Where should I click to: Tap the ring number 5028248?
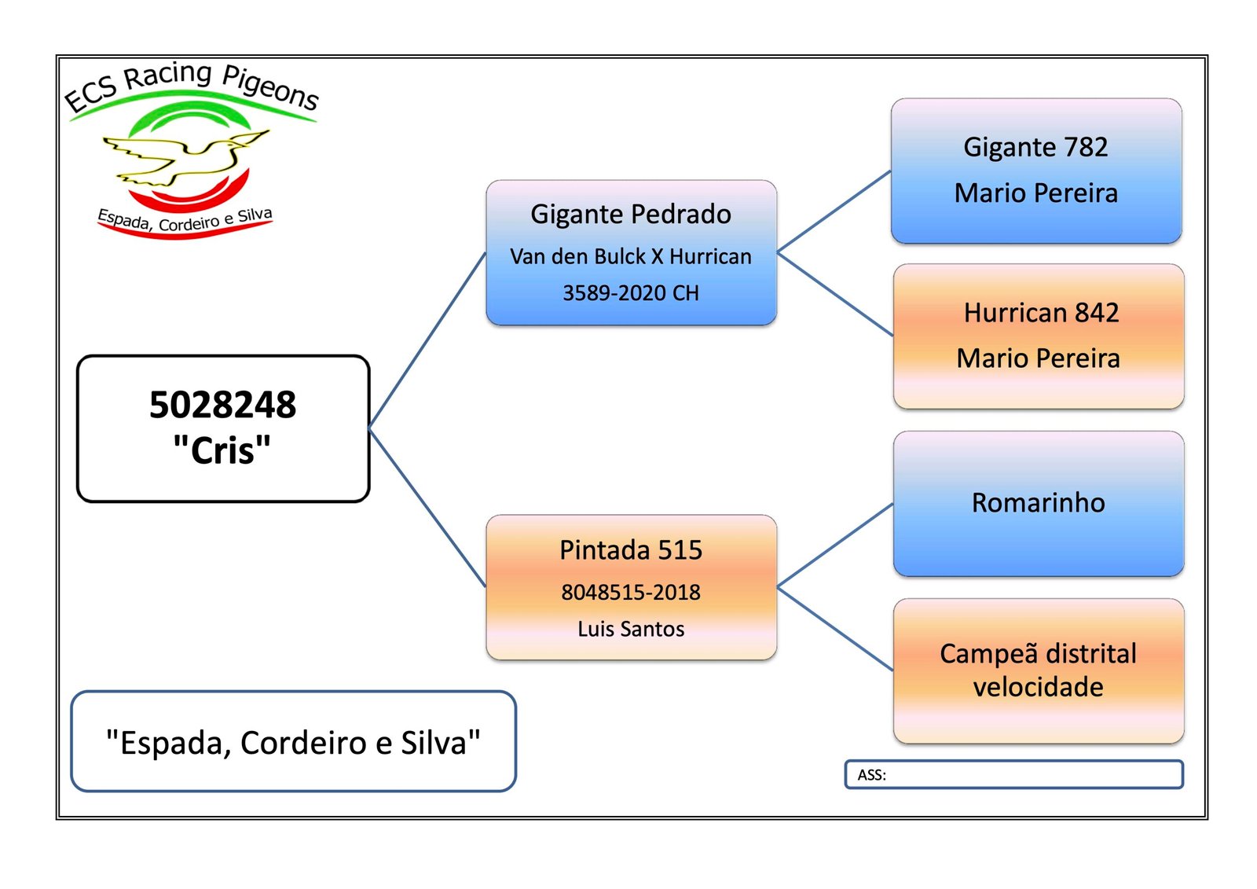click(x=222, y=406)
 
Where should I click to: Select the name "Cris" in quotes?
click(x=222, y=451)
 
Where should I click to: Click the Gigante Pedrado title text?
click(x=631, y=215)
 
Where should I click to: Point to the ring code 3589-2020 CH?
click(x=631, y=293)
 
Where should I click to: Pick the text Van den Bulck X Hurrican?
click(x=631, y=257)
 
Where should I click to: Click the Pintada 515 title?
click(x=631, y=550)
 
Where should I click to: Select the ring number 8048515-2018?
click(x=631, y=593)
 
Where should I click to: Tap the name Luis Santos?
click(x=631, y=630)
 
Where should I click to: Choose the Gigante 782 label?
click(x=1035, y=148)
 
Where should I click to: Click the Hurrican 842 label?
click(x=1041, y=313)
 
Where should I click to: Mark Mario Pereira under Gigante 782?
click(x=1035, y=193)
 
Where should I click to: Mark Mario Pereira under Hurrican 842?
click(x=1038, y=358)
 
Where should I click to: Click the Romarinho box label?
click(x=1038, y=503)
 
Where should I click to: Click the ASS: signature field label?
click(x=871, y=775)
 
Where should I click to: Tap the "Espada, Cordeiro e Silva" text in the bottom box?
click(x=293, y=743)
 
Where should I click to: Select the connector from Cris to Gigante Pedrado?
click(x=427, y=340)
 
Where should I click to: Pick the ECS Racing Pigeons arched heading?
click(x=191, y=85)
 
